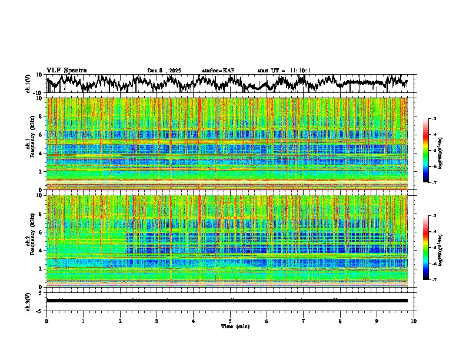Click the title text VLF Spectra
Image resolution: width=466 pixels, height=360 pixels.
point(66,70)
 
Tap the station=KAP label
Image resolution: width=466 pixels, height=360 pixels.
point(218,71)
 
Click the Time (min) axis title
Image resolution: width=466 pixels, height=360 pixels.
point(234,326)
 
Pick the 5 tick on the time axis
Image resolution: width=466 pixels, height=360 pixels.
point(230,321)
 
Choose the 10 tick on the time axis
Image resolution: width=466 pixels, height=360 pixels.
point(414,321)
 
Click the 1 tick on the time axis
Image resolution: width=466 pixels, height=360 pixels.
point(83,321)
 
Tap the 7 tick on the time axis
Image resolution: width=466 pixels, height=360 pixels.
point(304,321)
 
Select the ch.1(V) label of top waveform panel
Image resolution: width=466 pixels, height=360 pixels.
point(28,84)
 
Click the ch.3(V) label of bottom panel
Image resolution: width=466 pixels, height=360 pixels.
point(28,301)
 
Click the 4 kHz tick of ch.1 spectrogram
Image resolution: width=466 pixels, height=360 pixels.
point(42,153)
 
